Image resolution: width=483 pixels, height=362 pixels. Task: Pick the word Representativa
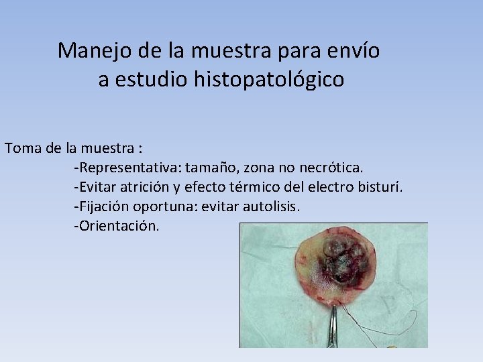(x=128, y=167)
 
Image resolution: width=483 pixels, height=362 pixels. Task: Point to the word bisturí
(x=380, y=186)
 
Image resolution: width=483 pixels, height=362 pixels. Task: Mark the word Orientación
(x=117, y=225)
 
